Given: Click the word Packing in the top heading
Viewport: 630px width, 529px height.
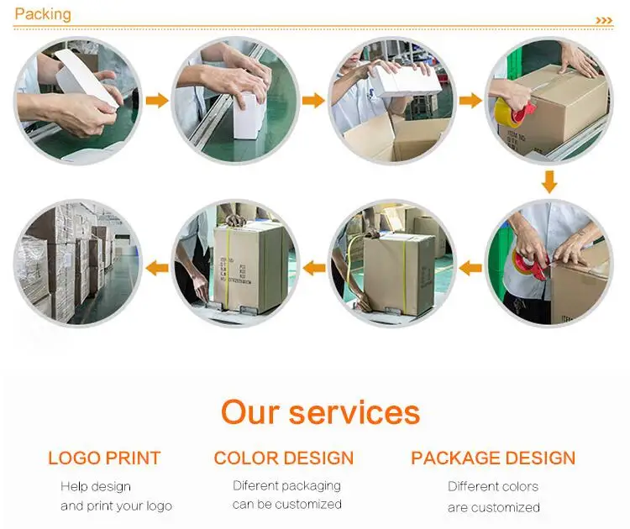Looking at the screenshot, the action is pyautogui.click(x=43, y=14).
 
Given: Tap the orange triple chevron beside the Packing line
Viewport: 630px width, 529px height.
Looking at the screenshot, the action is pyautogui.click(x=604, y=20).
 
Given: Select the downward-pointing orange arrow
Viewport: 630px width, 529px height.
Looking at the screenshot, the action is pyautogui.click(x=549, y=181).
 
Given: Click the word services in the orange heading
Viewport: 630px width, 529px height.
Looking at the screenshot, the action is pyautogui.click(x=354, y=412).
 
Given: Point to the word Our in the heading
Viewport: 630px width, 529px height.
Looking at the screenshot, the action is pyautogui.click(x=249, y=412).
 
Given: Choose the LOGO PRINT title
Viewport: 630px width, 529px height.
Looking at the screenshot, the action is pyautogui.click(x=104, y=458).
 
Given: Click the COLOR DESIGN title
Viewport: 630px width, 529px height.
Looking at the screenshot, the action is pyautogui.click(x=284, y=458).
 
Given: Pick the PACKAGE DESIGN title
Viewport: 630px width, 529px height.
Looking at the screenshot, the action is pyautogui.click(x=493, y=458).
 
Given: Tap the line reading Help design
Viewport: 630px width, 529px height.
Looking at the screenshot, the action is pyautogui.click(x=96, y=486).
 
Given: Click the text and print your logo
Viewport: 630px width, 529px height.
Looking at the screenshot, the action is pyautogui.click(x=116, y=505).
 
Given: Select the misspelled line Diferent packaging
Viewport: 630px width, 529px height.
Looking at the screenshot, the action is pyautogui.click(x=286, y=485).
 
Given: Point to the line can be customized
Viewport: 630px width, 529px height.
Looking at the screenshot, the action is pyautogui.click(x=286, y=505).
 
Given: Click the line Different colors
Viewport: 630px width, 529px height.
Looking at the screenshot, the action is pyautogui.click(x=493, y=486).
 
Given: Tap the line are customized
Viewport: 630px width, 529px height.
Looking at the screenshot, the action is pyautogui.click(x=494, y=506).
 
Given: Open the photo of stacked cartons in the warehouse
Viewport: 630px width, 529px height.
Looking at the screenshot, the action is pyautogui.click(x=77, y=263).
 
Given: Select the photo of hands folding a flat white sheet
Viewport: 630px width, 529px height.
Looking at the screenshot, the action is pyautogui.click(x=77, y=92).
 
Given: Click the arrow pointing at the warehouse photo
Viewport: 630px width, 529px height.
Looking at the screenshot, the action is pyautogui.click(x=157, y=268).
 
